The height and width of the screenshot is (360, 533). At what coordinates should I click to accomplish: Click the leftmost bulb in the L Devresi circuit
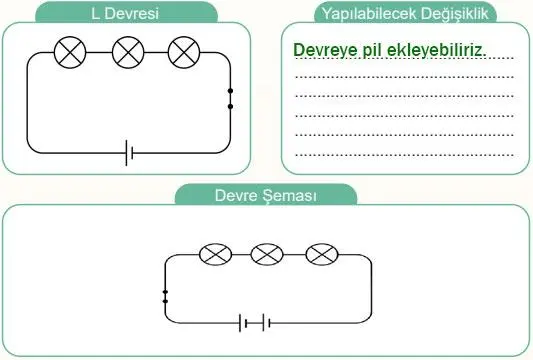tap(71, 52)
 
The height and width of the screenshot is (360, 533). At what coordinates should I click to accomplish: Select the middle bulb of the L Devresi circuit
tap(128, 52)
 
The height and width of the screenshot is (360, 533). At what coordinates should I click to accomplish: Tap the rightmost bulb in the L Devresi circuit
tap(185, 52)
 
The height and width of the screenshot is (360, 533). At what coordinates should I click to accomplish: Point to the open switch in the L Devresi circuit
tap(230, 98)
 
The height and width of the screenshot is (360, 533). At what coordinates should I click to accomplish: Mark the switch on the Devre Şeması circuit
tap(164, 294)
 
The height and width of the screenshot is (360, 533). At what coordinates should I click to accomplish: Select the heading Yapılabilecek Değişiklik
tap(406, 13)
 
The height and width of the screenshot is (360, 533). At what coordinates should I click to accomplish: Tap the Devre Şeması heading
tap(266, 195)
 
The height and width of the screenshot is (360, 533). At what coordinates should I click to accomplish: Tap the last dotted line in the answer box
tap(405, 156)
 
